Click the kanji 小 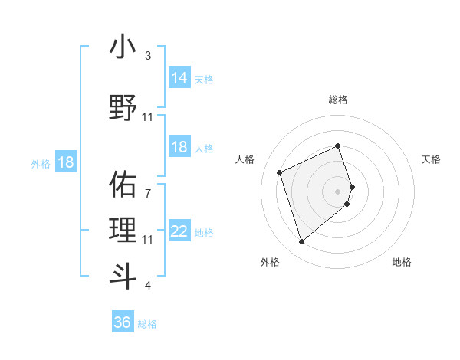point(123,47)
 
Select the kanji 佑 point(123,183)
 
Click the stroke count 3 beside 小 point(148,56)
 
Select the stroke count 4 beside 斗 point(148,286)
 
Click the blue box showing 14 point(179,78)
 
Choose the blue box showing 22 point(179,231)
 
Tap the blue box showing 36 point(123,322)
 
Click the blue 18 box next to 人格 point(179,147)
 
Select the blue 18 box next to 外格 point(65,162)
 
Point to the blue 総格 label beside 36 point(147,324)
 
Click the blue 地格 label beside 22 point(204,233)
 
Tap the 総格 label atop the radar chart point(338,100)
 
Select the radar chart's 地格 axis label point(402,262)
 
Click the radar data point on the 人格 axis point(281,172)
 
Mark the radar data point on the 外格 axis point(302,242)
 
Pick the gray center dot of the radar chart point(338,191)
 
